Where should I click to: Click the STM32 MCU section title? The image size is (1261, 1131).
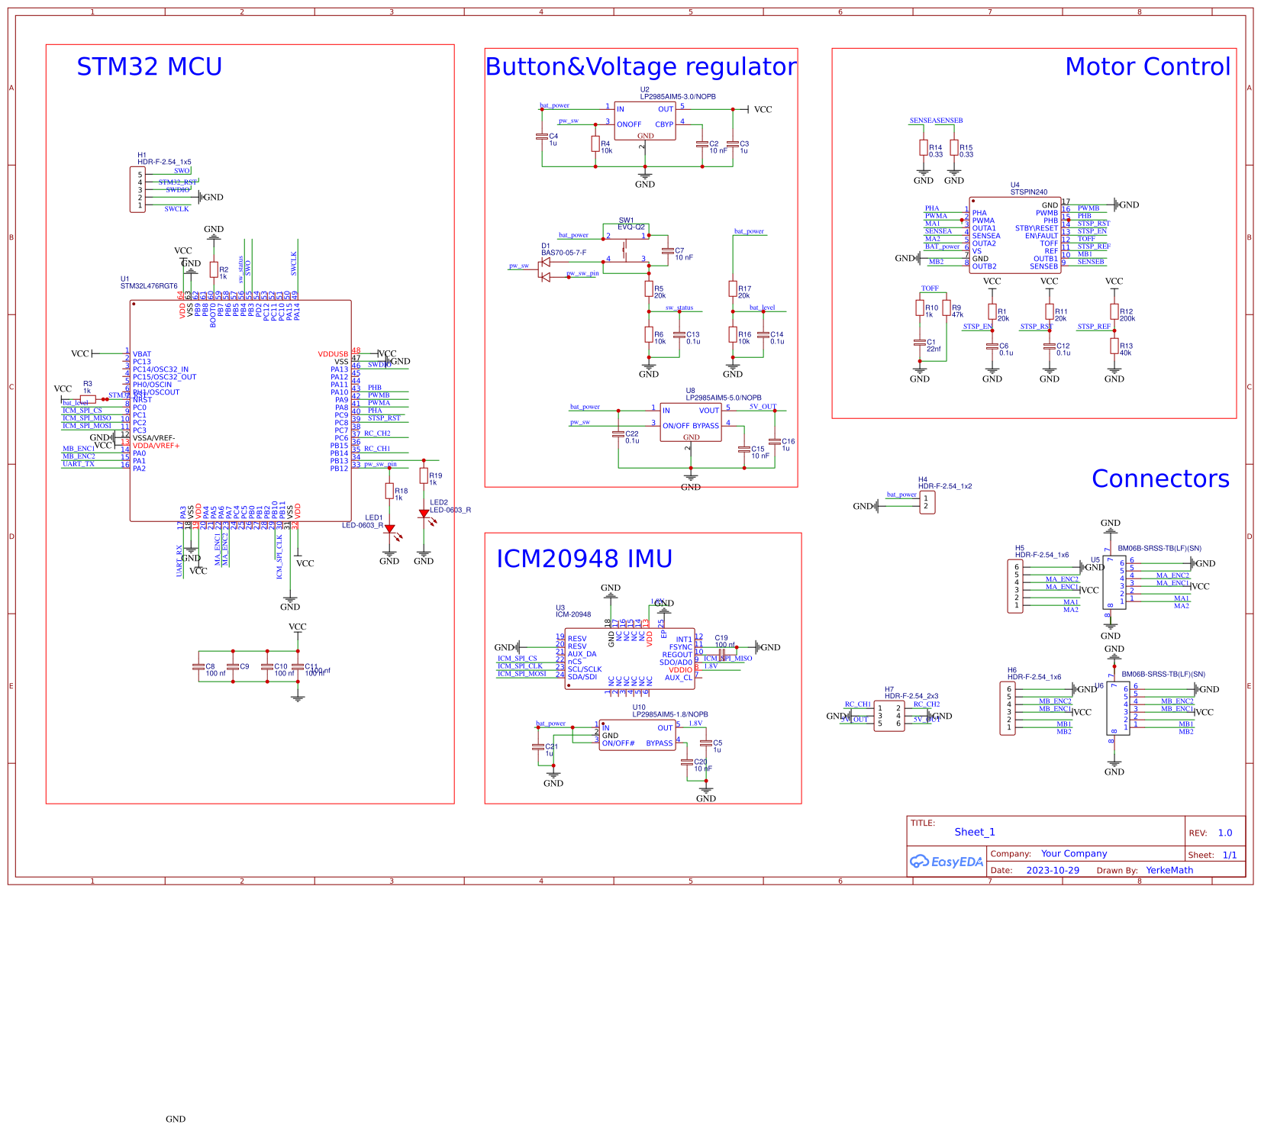click(x=149, y=67)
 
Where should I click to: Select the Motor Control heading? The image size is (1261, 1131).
click(x=1147, y=67)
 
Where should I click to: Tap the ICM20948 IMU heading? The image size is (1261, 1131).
click(x=584, y=559)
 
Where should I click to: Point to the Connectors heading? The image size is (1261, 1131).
click(x=1160, y=478)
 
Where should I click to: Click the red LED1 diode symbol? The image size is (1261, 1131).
click(x=389, y=528)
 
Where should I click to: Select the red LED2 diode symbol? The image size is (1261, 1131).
click(x=424, y=514)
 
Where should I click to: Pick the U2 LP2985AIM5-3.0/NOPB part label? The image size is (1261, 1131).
click(x=677, y=97)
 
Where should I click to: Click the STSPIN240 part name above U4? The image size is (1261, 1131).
click(x=1028, y=192)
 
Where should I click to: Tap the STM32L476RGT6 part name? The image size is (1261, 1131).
click(x=149, y=286)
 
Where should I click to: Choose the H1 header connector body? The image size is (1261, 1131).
click(x=137, y=190)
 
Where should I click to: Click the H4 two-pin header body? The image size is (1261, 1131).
click(x=927, y=502)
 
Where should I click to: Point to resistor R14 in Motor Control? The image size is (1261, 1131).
click(x=924, y=147)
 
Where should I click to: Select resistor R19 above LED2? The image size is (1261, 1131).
click(x=424, y=475)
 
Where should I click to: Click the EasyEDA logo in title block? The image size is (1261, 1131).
click(x=947, y=862)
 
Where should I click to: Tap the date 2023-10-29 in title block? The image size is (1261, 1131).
click(x=1053, y=870)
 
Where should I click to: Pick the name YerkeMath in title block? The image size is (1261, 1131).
click(x=1169, y=870)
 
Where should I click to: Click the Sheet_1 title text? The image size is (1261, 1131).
click(x=975, y=832)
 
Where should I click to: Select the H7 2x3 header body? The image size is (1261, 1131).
click(x=889, y=717)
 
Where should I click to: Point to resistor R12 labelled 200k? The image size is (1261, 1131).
click(x=1114, y=311)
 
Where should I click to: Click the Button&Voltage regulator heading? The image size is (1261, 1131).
click(x=640, y=67)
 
